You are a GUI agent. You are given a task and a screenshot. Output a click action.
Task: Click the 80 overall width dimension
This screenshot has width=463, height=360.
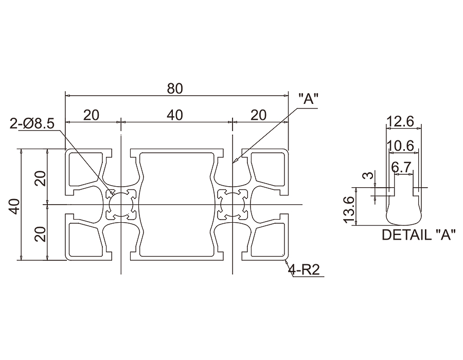tap(175, 89)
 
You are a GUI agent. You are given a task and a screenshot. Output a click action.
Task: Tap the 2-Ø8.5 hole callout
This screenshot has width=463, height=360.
tap(32, 123)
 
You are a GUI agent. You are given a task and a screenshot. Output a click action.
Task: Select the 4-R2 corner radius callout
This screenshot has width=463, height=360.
tap(305, 269)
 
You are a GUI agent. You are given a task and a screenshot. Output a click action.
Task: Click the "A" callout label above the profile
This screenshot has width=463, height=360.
tap(309, 99)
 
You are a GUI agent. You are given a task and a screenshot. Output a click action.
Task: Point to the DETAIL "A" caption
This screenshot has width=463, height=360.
tap(417, 235)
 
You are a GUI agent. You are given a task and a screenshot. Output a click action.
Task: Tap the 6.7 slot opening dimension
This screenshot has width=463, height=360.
tap(401, 168)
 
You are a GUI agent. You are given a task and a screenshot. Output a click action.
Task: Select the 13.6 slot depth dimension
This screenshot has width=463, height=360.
tap(349, 210)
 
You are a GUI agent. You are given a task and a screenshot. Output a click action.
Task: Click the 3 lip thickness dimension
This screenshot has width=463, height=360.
tap(368, 175)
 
